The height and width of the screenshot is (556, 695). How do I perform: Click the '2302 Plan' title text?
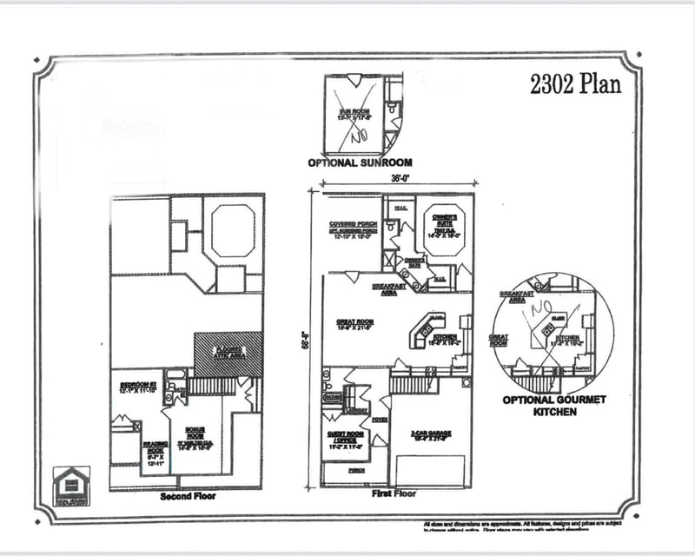574,84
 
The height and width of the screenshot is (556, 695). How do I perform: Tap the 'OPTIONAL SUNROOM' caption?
360,162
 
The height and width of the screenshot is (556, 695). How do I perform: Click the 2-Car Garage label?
432,436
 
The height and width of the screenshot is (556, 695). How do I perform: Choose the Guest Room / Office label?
345,440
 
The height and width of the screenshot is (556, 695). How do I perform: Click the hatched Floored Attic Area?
228,354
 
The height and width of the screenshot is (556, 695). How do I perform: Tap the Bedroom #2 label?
137,386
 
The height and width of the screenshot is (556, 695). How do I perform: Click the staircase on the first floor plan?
414,384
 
